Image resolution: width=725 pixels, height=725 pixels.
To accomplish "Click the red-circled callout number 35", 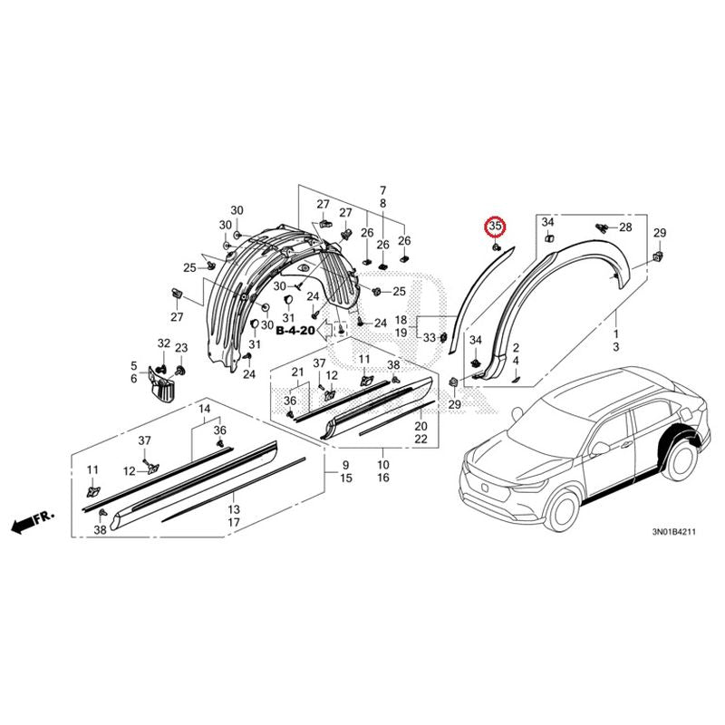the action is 495,227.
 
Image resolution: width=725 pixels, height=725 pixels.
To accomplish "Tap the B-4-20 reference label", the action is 295,330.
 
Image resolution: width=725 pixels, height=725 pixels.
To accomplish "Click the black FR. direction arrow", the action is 33,521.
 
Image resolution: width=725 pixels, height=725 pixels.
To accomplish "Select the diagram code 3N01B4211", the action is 673,532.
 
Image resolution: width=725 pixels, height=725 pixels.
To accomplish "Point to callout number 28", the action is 625,227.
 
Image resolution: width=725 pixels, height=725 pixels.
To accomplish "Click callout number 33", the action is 429,337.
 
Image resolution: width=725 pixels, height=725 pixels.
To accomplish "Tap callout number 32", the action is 164,343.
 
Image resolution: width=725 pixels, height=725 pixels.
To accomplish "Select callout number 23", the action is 181,348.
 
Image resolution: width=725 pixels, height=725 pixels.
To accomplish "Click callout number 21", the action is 297,372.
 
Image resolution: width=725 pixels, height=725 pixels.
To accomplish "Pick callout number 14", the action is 205,409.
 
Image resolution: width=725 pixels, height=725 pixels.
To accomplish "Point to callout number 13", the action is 234,509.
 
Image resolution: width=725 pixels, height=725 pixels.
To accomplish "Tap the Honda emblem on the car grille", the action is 484,487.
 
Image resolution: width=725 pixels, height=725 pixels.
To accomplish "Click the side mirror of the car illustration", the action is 600,448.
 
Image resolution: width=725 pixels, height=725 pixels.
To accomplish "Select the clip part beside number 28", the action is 601,227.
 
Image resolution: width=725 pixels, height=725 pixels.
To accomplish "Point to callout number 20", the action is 420,426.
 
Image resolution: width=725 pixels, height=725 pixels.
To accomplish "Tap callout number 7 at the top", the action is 382,190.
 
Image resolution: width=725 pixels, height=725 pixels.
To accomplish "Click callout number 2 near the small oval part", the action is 516,348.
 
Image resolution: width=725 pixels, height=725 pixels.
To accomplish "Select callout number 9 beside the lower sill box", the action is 346,465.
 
